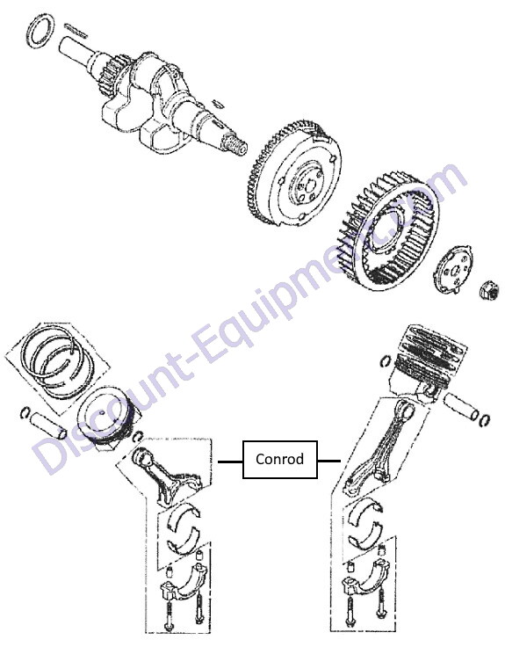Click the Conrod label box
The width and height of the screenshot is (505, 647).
280,459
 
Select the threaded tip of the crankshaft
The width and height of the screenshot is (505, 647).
236,145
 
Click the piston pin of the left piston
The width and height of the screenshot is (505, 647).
48,425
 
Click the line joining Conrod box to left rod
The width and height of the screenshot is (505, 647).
230,462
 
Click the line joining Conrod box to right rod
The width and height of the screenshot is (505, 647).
329,461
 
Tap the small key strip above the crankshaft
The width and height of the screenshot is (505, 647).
76,31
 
